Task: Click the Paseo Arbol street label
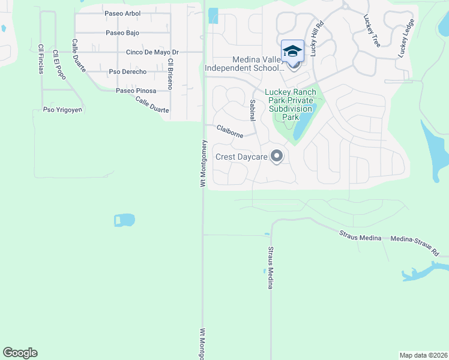pos(122,13)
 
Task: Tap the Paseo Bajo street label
pos(122,33)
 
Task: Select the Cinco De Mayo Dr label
pos(148,52)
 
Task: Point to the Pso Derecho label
pos(127,72)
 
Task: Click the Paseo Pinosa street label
pos(136,91)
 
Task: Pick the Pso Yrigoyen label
pos(62,110)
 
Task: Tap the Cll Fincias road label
pos(41,59)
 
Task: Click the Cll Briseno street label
pos(170,74)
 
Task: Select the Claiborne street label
pos(230,131)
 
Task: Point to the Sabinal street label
pos(253,110)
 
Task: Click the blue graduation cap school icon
pos(292,51)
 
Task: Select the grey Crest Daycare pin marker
pos(277,157)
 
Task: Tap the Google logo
pos(20,353)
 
